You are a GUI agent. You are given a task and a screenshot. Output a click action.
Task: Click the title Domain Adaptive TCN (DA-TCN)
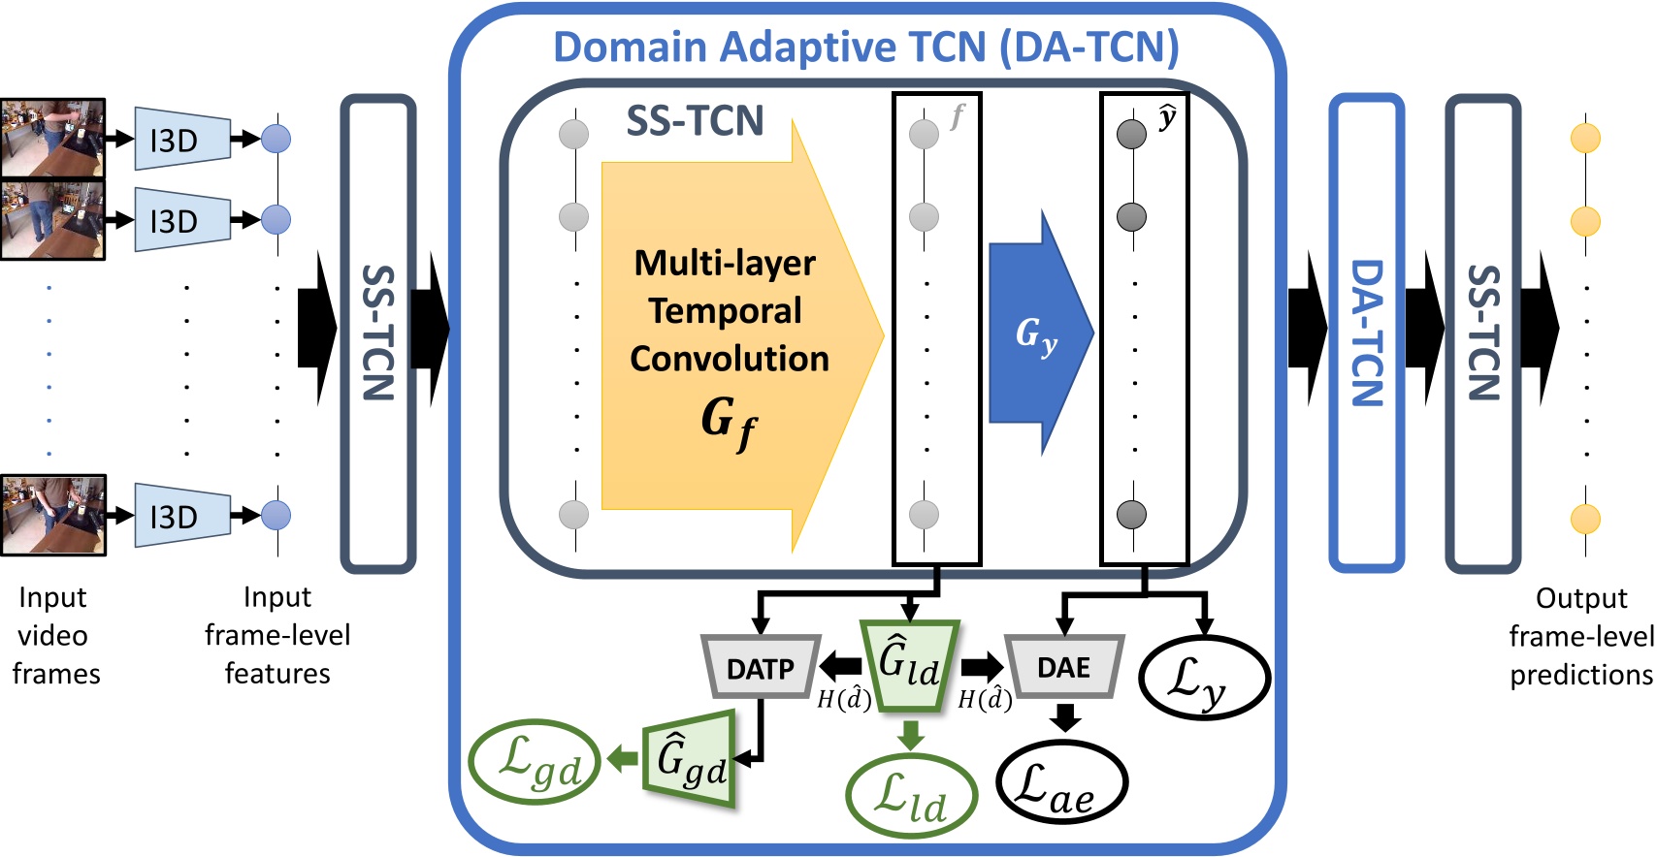[x=865, y=47]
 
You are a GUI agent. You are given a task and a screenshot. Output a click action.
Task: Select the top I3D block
[x=182, y=140]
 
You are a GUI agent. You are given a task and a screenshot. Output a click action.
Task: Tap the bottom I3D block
[x=182, y=516]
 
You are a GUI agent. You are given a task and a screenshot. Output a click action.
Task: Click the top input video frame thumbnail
[x=52, y=138]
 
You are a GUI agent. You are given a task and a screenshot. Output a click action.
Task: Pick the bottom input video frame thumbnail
[x=52, y=515]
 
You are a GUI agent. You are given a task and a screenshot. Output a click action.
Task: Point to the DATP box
[x=761, y=668]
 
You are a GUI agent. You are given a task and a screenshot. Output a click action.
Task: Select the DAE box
[x=1064, y=667]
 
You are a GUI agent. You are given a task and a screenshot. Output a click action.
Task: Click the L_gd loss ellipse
[x=536, y=762]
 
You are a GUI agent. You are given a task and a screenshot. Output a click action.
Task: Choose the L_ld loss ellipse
[x=911, y=797]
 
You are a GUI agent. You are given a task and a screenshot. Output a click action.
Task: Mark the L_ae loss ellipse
[x=1061, y=783]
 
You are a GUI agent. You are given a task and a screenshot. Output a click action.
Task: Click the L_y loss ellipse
[x=1203, y=679]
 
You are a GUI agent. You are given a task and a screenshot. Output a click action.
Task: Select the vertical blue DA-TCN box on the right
[x=1367, y=333]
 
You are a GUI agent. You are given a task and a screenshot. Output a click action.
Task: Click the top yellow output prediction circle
[x=1585, y=138]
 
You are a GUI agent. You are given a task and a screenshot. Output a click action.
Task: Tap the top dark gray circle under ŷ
[x=1131, y=133]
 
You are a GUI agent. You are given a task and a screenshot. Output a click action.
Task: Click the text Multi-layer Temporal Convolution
[x=728, y=310]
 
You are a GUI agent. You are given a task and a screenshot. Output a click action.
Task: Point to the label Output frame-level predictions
[x=1581, y=636]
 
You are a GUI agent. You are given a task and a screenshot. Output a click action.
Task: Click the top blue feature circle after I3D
[x=276, y=139]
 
